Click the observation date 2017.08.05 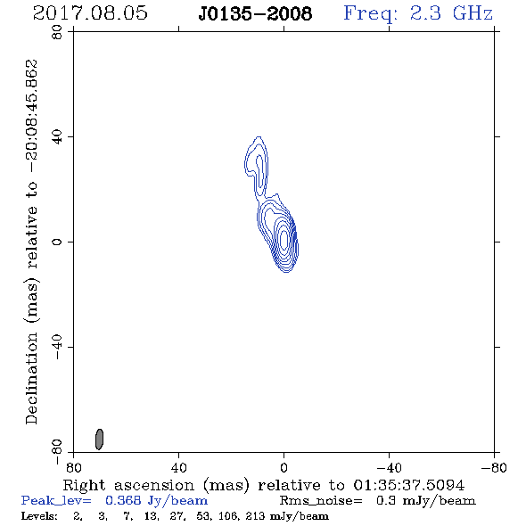tap(90, 13)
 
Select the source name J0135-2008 tap(255, 13)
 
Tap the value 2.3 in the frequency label tap(425, 13)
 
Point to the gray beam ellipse tap(99, 440)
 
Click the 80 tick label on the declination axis tap(57, 32)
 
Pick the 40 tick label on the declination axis tap(57, 137)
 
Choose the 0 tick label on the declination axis tap(57, 242)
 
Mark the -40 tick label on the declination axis tap(57, 347)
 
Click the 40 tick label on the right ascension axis tap(179, 468)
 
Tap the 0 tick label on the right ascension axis tap(284, 468)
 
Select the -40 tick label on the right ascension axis tap(389, 468)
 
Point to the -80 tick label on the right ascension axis tap(494, 468)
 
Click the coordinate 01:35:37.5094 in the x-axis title tap(409, 485)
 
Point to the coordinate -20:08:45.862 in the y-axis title tap(32, 116)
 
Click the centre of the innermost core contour tap(284, 239)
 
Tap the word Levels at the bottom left tap(39, 516)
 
